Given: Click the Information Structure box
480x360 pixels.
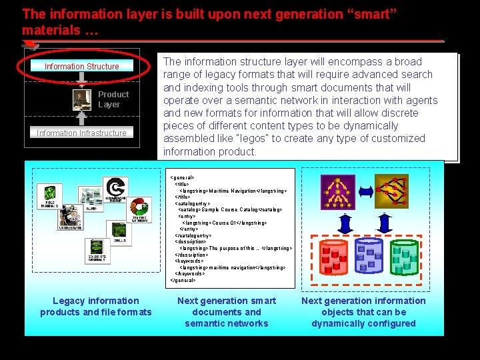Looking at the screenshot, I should click(x=81, y=66).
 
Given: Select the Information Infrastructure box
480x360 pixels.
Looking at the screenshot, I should click(x=81, y=133).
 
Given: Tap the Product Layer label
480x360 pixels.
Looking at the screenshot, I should click(x=113, y=99).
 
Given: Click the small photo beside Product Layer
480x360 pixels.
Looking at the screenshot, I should click(x=82, y=99).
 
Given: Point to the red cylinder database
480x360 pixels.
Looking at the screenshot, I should click(x=335, y=257).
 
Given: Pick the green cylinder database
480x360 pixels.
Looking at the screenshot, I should click(x=403, y=257).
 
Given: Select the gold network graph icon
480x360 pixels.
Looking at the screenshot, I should click(x=391, y=190).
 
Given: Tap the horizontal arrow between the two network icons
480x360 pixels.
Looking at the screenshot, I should click(x=365, y=191).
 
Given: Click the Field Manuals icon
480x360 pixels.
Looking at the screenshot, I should click(x=50, y=195).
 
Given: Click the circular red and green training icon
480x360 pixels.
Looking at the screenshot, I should click(x=140, y=210).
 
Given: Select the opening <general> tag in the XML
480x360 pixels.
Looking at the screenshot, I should click(x=182, y=177).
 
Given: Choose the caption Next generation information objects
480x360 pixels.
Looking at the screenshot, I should click(x=363, y=312).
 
